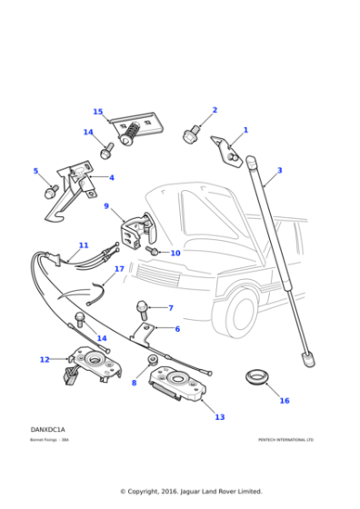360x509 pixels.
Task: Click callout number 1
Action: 245,130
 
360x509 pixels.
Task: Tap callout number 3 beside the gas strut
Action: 279,170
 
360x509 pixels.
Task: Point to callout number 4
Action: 112,178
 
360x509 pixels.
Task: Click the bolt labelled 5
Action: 52,191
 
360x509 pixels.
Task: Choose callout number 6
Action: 177,329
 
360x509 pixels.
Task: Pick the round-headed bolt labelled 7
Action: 144,306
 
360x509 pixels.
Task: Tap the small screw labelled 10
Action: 154,249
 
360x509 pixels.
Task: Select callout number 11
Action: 84,245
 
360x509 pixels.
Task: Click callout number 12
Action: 44,360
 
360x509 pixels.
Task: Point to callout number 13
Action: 219,417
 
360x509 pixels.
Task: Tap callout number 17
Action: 119,270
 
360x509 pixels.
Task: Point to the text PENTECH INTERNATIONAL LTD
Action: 285,440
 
